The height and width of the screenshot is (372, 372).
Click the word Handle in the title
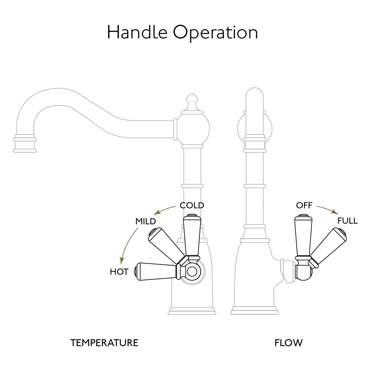(137, 32)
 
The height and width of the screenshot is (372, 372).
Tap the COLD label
(192, 205)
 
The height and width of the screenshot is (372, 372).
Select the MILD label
(145, 221)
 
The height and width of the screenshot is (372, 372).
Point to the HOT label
(119, 272)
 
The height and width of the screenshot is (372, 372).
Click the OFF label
(304, 205)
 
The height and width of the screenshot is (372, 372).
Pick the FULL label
(348, 221)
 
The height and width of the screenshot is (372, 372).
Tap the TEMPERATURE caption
(104, 343)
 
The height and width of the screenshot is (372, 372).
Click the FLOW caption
(288, 343)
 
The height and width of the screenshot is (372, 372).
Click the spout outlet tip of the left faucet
(25, 144)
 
